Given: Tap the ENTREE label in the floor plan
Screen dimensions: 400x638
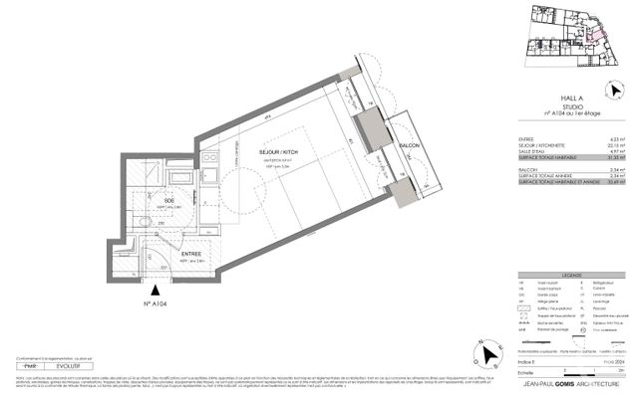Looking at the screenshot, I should pyautogui.click(x=191, y=254).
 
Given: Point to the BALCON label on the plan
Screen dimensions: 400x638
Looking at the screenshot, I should pyautogui.click(x=410, y=146).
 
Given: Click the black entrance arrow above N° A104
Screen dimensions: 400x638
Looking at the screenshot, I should pyautogui.click(x=159, y=289).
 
